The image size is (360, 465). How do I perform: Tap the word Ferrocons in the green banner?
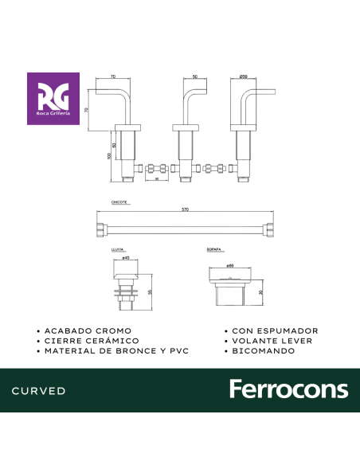point(288,390)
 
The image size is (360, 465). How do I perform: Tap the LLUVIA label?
point(117,251)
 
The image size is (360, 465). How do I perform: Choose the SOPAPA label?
point(213,251)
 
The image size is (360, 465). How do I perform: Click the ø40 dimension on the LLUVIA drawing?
point(126,258)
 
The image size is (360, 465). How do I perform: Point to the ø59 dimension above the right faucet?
point(243,76)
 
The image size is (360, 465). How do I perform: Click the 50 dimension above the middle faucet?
point(195,76)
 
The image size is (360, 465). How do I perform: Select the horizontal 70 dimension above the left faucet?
point(113,76)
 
